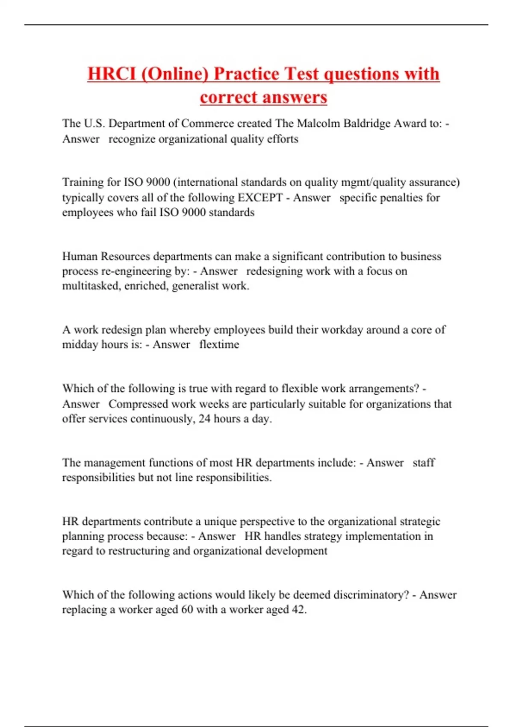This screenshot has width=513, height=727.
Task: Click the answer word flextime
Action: click(x=219, y=345)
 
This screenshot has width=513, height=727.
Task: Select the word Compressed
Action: click(x=138, y=404)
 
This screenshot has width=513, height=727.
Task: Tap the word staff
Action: click(x=424, y=463)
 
